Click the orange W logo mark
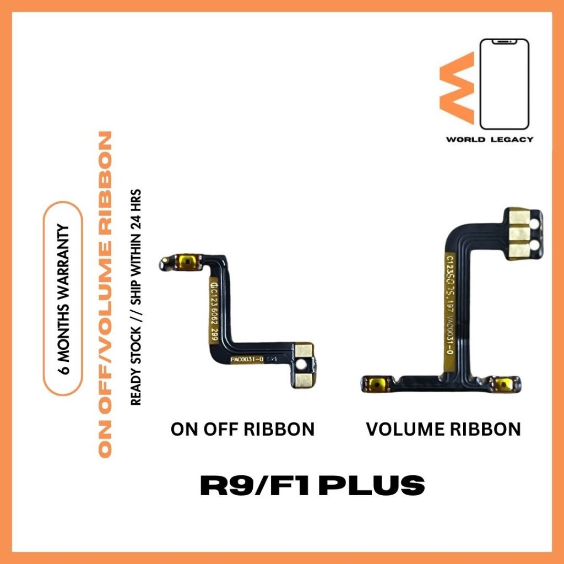pyautogui.click(x=457, y=89)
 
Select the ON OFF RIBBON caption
pyautogui.click(x=242, y=429)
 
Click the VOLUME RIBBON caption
pyautogui.click(x=443, y=429)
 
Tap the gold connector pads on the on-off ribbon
pyautogui.click(x=303, y=364)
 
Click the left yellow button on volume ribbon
pyautogui.click(x=377, y=383)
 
